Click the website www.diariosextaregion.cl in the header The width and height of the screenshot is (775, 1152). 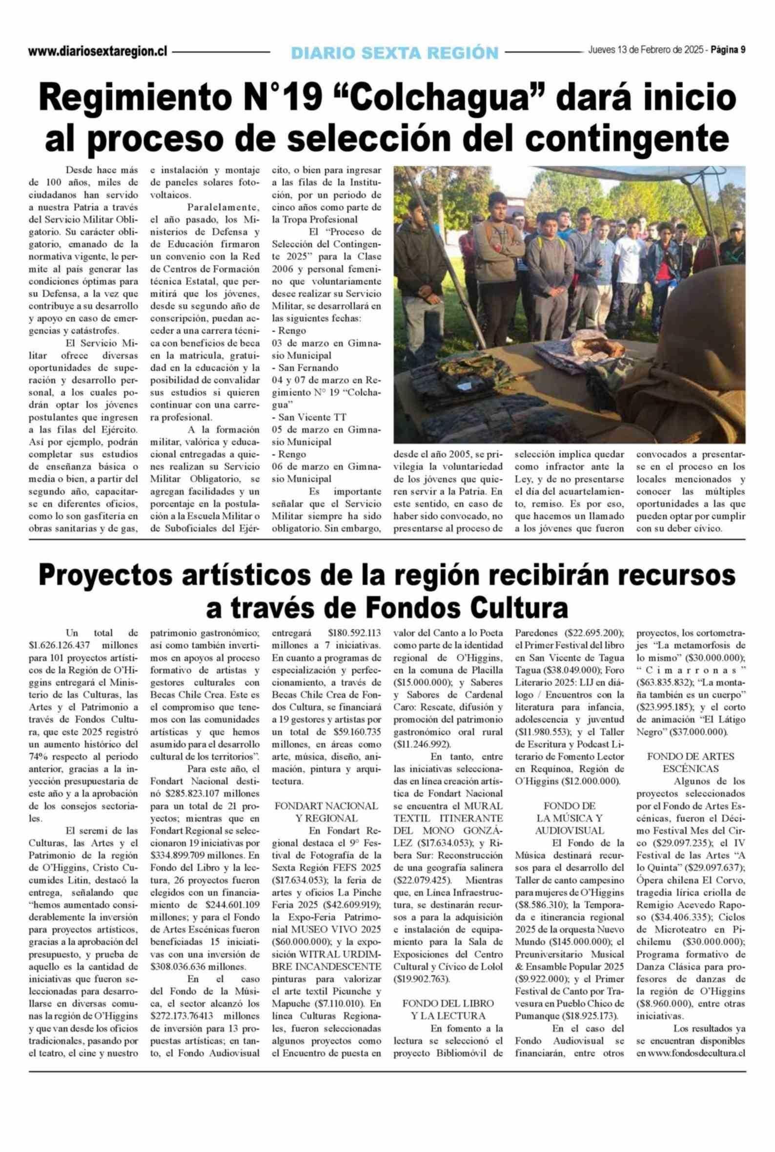point(98,51)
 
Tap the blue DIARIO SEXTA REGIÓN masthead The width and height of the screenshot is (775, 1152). point(394,52)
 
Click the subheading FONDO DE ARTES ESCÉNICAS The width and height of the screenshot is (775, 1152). point(691,762)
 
